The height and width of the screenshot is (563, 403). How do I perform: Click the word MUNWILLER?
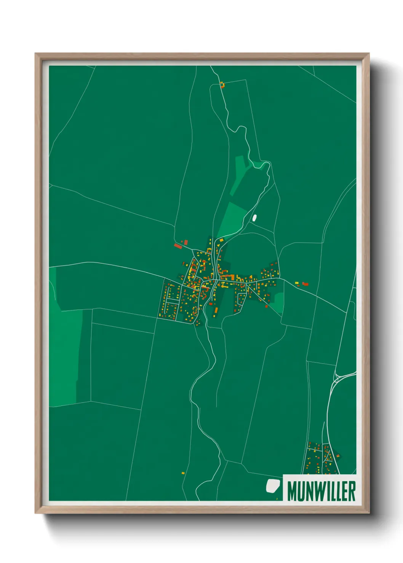[x=321, y=491]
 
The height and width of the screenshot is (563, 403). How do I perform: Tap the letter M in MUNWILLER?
[x=293, y=491]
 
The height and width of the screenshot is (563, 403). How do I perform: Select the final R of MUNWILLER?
[x=352, y=491]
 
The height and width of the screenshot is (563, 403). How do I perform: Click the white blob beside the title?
[x=272, y=485]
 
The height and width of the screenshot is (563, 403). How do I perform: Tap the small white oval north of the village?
[x=254, y=218]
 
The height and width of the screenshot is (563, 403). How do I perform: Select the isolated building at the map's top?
[x=222, y=84]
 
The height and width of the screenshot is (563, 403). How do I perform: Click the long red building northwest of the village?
[x=178, y=247]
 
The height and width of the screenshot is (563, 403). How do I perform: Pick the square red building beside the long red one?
[x=186, y=242]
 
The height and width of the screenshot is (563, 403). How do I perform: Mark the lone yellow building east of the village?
[x=297, y=283]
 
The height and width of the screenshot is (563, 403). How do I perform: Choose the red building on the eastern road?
[x=305, y=284]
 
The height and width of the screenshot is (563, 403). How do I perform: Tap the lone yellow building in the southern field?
[x=183, y=473]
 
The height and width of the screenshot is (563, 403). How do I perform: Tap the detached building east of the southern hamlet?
[x=338, y=456]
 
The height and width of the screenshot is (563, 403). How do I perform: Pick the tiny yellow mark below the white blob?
[x=277, y=498]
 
